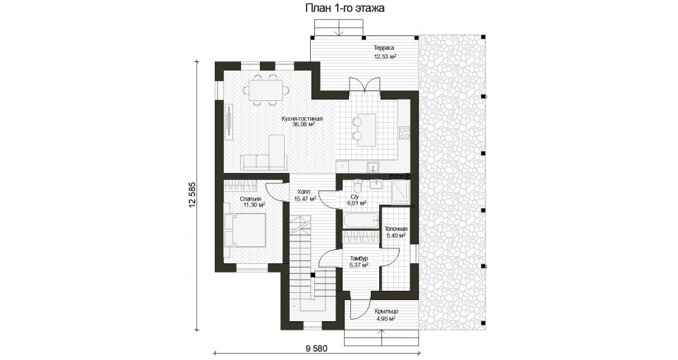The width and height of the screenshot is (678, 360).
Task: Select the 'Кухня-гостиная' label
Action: (302, 119)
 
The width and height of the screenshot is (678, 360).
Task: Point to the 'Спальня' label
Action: (250, 199)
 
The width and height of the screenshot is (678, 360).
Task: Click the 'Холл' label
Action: (303, 193)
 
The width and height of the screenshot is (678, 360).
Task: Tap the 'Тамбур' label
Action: (359, 258)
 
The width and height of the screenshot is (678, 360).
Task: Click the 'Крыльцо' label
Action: (386, 311)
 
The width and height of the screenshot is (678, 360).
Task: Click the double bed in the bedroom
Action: (245, 230)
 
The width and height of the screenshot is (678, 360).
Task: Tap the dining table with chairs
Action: (266, 90)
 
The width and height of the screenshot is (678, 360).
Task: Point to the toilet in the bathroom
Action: (357, 187)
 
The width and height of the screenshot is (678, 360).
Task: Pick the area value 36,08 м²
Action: (303, 124)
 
